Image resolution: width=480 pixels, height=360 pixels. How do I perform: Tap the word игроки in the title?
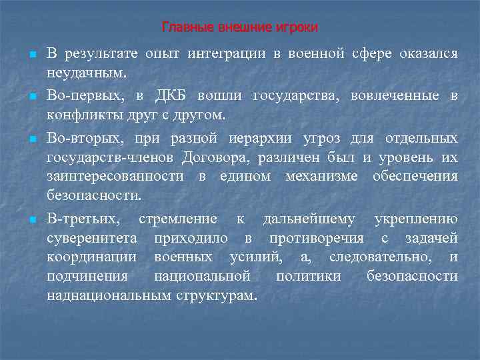click(300, 27)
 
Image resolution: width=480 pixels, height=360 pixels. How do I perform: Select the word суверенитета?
click(92, 238)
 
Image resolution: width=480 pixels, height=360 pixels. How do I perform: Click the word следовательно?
click(379, 257)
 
